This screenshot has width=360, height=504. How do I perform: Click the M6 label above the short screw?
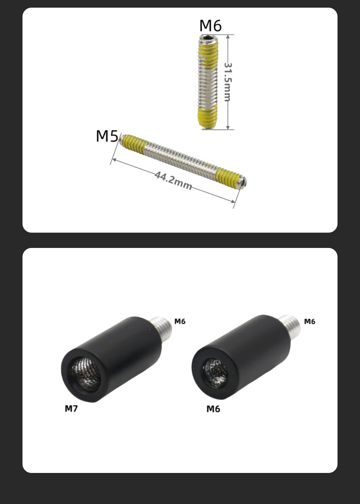tap(211, 26)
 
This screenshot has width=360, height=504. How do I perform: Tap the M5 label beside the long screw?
tap(108, 136)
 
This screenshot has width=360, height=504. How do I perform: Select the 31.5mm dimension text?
tap(228, 81)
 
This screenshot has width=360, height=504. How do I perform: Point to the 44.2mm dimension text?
tap(173, 181)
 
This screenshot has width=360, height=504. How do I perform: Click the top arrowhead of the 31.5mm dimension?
tap(228, 37)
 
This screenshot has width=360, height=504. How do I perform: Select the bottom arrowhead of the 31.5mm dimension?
tap(228, 127)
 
